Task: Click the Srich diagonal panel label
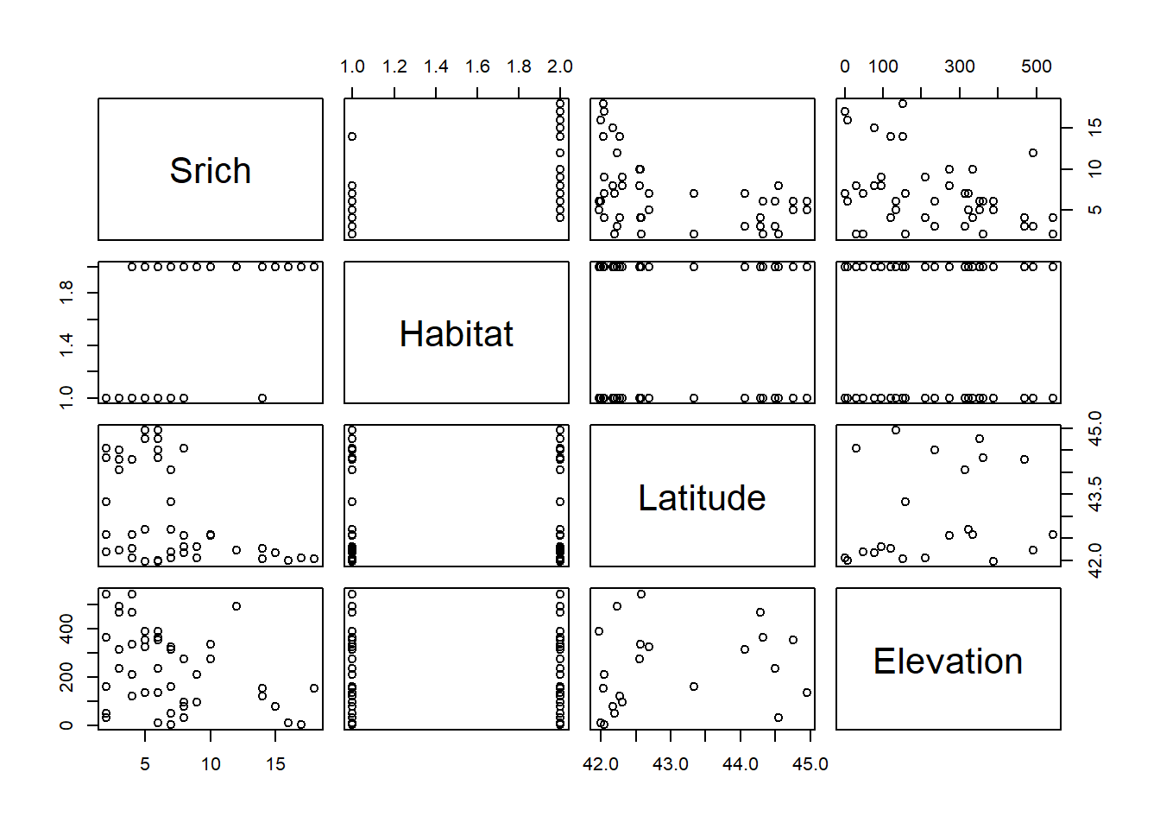[x=211, y=171]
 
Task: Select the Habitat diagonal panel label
[x=456, y=334]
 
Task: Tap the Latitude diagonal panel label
[x=702, y=498]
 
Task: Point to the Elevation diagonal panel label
[x=948, y=661]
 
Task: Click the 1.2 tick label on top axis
[x=394, y=66]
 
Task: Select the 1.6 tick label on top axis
[x=477, y=66]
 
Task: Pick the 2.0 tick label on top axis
[x=560, y=66]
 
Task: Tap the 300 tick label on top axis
[x=960, y=66]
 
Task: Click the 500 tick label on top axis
[x=1037, y=66]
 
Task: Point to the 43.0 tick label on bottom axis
[x=671, y=764]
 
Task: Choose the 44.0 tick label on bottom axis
[x=741, y=764]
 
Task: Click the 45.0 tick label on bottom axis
[x=810, y=764]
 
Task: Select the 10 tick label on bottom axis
[x=211, y=764]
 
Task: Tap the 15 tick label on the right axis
[x=1095, y=127]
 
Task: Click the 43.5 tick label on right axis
[x=1095, y=494]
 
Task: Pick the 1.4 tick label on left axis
[x=66, y=345]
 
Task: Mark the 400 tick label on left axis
[x=66, y=634]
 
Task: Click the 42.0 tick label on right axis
[x=1095, y=560]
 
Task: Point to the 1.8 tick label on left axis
[x=66, y=293]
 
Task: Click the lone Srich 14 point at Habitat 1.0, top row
[x=352, y=136]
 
